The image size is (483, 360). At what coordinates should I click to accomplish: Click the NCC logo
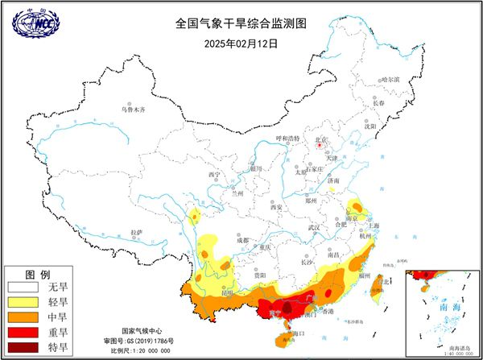35,25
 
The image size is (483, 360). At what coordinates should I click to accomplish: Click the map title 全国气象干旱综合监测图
241,24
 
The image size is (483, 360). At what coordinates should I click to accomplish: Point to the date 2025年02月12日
241,43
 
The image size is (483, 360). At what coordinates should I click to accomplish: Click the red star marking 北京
321,146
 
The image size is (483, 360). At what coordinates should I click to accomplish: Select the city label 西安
278,207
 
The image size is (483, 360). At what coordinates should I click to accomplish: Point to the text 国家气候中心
142,331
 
